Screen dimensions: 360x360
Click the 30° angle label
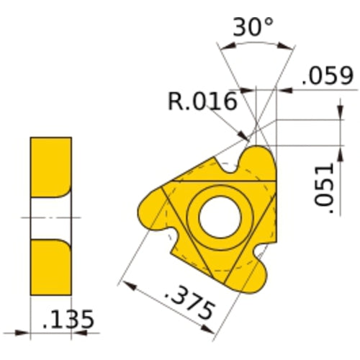253,28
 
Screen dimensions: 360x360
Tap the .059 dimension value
328,76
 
